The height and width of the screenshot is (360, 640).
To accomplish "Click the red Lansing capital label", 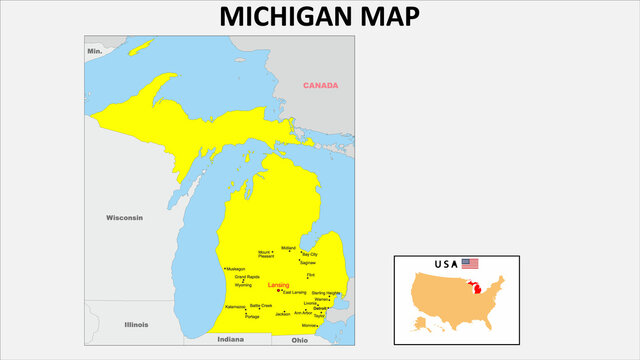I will (x=278, y=285).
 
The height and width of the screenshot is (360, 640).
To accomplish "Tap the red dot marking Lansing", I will (x=279, y=291).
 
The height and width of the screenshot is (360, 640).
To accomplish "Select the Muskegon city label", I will (x=236, y=269).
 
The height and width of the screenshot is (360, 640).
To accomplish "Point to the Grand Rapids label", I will (x=247, y=277).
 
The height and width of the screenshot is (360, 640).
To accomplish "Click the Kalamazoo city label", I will (x=235, y=307).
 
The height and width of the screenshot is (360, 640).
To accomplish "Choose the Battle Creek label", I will (x=261, y=305).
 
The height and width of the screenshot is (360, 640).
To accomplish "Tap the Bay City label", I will (x=323, y=255).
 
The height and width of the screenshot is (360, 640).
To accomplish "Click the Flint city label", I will (x=311, y=274).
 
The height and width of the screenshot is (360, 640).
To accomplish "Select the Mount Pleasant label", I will (x=264, y=254).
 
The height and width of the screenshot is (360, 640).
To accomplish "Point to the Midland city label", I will (x=289, y=247).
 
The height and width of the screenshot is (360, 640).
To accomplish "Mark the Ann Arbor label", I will (x=303, y=313).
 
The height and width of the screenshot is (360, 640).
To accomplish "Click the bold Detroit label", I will (x=320, y=308).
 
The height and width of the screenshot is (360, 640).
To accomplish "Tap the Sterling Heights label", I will (x=326, y=293).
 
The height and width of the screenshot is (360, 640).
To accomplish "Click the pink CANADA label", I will (x=321, y=85).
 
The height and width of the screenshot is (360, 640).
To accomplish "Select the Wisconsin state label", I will (x=125, y=217).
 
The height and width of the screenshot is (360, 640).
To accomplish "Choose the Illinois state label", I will (x=136, y=325).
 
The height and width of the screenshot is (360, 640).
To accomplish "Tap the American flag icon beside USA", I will (x=470, y=264).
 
